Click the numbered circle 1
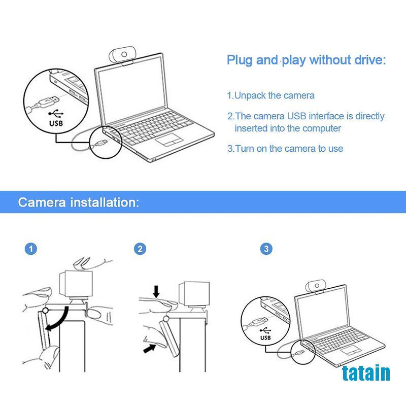31,249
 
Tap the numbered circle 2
140,249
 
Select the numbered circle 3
266,249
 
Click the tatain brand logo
366,373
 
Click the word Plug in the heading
240,60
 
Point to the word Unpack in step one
250,96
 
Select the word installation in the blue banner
105,202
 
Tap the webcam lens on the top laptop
124,54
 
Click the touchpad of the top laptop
169,140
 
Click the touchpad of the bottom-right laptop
351,350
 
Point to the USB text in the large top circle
56,123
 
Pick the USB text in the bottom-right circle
265,337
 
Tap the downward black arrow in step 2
156,291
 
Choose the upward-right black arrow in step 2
150,348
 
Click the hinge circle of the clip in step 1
45,310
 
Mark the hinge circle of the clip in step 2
166,319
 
